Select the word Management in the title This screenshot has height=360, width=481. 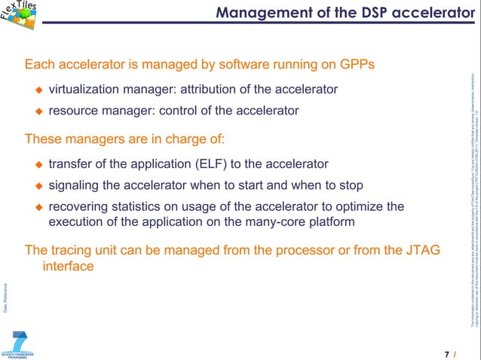258,13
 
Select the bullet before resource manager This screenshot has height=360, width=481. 40,111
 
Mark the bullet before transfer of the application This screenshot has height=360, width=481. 40,164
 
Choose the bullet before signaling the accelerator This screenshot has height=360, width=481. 40,185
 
